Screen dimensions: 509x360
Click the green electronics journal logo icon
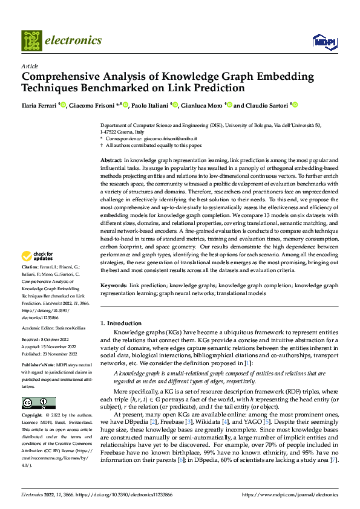(31, 41)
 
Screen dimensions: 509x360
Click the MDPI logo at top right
(324, 41)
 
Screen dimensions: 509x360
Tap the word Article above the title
(30, 66)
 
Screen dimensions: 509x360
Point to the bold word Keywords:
(114, 285)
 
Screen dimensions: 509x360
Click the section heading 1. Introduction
(121, 323)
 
